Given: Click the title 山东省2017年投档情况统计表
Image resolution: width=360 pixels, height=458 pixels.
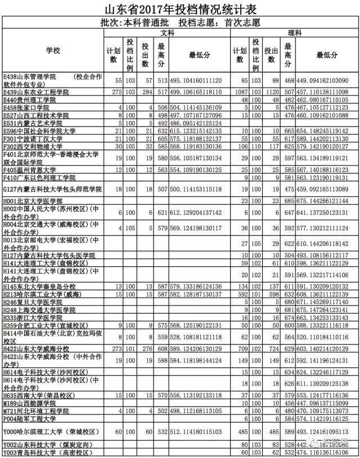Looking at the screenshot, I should [x=179, y=8].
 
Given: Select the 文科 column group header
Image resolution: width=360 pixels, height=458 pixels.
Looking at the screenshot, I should [x=167, y=34].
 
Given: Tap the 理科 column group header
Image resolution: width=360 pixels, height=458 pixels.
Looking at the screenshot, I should [x=294, y=34].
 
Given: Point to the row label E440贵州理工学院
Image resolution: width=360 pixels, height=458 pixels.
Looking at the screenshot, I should [x=30, y=99].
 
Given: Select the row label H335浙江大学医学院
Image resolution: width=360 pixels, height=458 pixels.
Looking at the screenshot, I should [x=34, y=318].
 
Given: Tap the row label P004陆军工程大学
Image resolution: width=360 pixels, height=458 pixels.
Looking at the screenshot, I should [x=30, y=419].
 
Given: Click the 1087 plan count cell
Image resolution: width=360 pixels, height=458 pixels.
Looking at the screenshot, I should [x=240, y=91].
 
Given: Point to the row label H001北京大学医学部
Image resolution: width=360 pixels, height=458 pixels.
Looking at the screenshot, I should [x=34, y=201].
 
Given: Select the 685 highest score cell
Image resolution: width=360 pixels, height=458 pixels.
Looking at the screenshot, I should [x=289, y=201].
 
